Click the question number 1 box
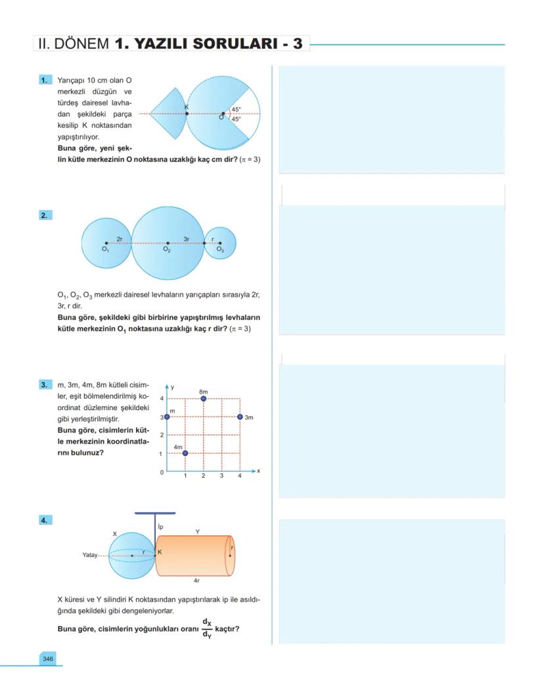[x=45, y=80]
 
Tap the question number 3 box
[x=45, y=385]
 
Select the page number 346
[x=48, y=658]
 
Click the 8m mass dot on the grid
[x=204, y=398]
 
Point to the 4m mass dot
[x=185, y=453]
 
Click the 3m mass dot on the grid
[x=240, y=417]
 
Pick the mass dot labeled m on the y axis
[x=167, y=417]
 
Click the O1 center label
[x=105, y=250]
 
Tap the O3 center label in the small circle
[x=220, y=250]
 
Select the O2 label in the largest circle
[x=167, y=250]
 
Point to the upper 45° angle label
[x=235, y=110]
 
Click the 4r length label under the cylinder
[x=196, y=581]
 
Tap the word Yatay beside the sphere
[x=89, y=555]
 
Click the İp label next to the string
[x=160, y=527]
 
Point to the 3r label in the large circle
[x=187, y=239]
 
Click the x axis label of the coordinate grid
[x=259, y=471]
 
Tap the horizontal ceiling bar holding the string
[x=155, y=513]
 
